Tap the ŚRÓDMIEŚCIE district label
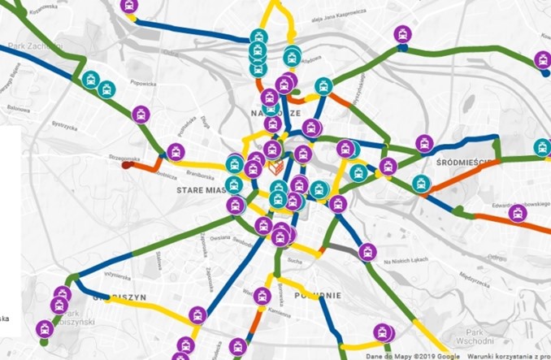pos(460,163)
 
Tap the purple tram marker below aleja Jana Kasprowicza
pos(402,35)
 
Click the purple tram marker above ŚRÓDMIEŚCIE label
pos(424,143)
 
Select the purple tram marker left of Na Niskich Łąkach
pos(367,252)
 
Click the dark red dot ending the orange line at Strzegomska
pos(126,165)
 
